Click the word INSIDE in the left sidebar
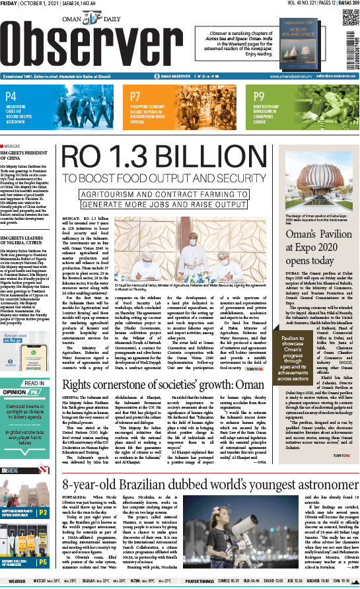tap(10, 469)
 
